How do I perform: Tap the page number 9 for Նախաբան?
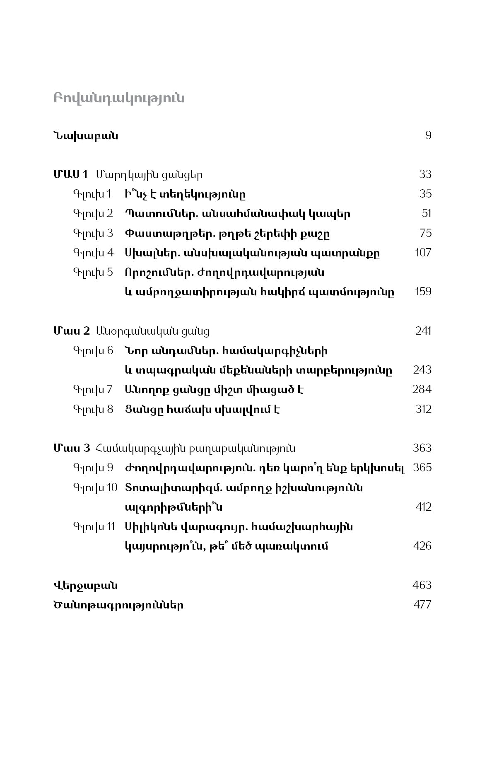pos(428,135)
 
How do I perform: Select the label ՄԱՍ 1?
pos(70,174)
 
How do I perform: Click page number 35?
pos(425,194)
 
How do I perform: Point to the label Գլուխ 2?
pos(93,214)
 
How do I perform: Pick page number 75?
pos(425,233)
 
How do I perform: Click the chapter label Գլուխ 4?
pos(93,253)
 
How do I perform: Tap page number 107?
pos(423,253)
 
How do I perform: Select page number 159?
pos(423,292)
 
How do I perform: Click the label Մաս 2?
pos(71,331)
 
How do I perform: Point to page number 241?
pos(423,331)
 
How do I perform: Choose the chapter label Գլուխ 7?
pos(93,390)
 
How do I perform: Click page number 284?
pos(422,390)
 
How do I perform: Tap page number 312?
pos(423,409)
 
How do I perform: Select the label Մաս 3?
pos(71,448)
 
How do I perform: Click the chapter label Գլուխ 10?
pos(95,487)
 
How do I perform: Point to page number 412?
pos(423,507)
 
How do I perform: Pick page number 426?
pos(422,546)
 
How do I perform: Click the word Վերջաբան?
pos(85,585)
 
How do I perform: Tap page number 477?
pos(422,605)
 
